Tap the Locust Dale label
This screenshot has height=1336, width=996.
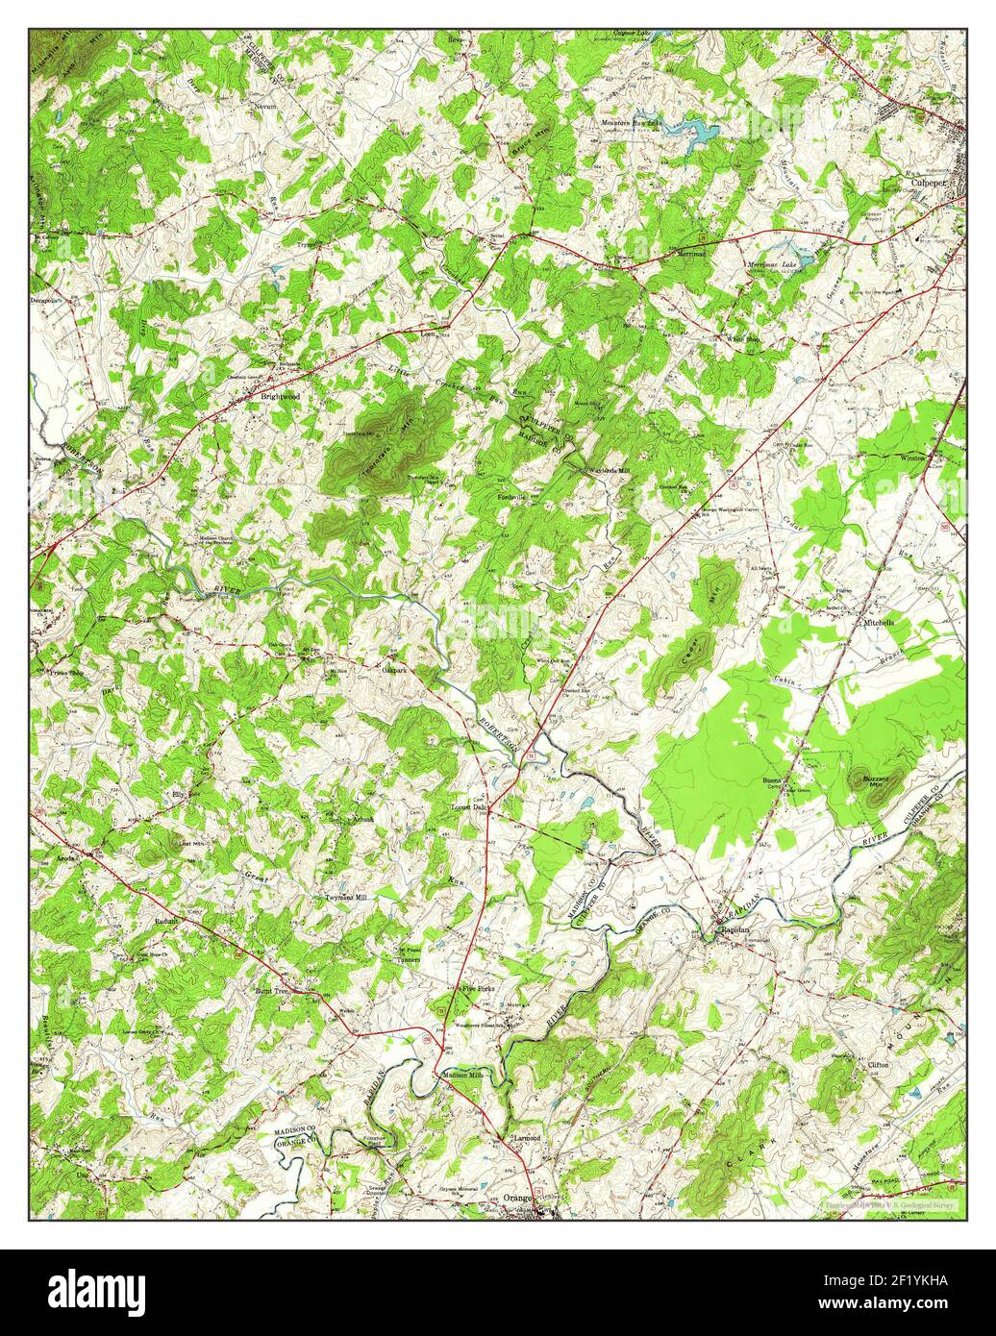tap(472, 807)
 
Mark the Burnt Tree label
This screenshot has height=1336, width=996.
tap(271, 989)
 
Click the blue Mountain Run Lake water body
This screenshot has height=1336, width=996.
tap(700, 132)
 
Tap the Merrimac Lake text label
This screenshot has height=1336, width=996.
tap(772, 264)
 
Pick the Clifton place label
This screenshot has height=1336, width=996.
tap(878, 1066)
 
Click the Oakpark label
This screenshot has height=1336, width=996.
tap(396, 670)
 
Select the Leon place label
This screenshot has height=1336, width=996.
tap(430, 334)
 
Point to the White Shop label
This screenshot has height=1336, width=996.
tap(742, 338)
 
